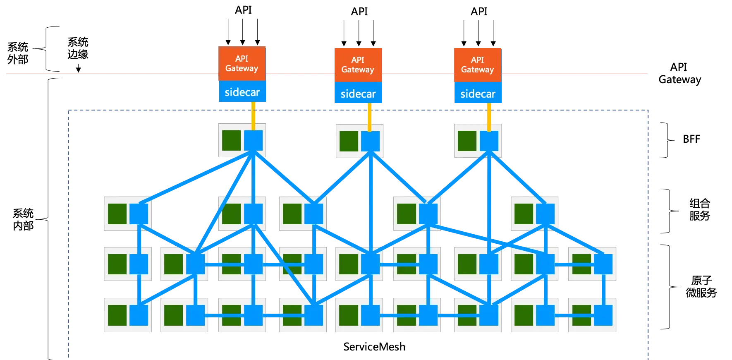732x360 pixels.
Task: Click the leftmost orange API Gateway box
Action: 242,63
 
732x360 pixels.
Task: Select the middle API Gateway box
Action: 358,65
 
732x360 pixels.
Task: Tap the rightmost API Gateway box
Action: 478,65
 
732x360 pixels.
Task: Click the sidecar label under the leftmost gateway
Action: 242,92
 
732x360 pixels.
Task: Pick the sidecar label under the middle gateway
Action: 358,94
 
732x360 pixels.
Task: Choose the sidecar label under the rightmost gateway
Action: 478,94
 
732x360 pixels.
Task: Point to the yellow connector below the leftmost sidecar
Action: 254,116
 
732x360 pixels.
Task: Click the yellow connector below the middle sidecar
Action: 370,117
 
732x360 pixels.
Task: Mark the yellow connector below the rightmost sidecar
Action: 489,117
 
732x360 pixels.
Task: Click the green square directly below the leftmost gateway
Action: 232,141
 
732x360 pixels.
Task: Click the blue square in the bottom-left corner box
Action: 139,315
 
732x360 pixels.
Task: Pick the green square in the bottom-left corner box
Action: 117,315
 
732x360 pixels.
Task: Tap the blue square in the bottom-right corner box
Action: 603,315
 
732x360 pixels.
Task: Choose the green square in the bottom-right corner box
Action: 581,315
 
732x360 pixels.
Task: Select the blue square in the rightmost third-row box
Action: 603,264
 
